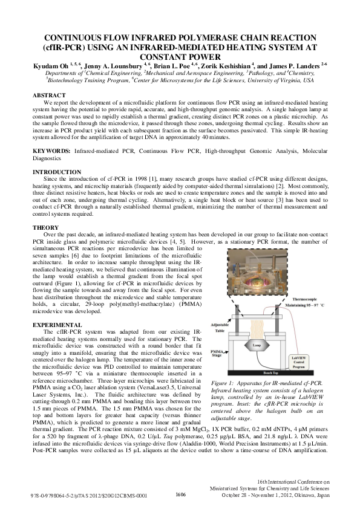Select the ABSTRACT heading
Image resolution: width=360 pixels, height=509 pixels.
48,96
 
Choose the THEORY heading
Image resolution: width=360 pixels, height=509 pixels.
45,227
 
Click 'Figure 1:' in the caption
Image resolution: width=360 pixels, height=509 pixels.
224,384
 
